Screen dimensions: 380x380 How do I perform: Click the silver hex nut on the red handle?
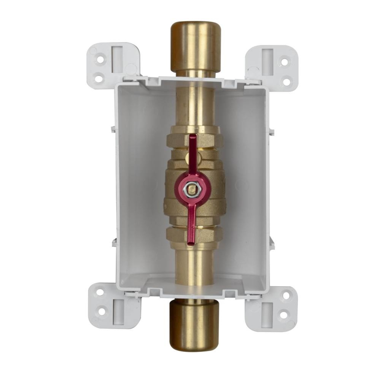[x=190, y=188]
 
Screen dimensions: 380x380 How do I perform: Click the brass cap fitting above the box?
[x=196, y=46]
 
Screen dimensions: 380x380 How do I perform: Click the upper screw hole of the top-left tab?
[x=100, y=59]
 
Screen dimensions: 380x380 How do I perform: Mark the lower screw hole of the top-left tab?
[x=99, y=79]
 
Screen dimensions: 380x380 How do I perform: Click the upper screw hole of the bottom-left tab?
[x=100, y=293]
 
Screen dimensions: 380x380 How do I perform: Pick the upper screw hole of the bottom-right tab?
[x=286, y=295]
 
